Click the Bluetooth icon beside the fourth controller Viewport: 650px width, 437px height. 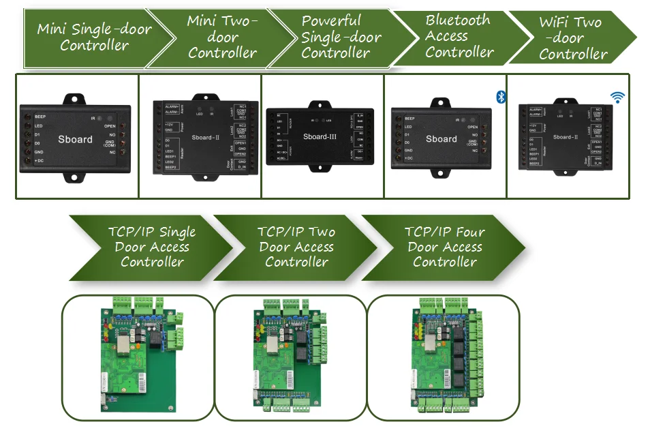[501, 97]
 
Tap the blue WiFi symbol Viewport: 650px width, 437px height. [617, 97]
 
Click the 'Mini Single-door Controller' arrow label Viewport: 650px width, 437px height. [94, 37]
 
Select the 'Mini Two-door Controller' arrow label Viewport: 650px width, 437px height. [222, 37]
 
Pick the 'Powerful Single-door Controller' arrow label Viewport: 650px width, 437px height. [341, 37]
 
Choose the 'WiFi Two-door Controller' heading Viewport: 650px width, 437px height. [572, 38]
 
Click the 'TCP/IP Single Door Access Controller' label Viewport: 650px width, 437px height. [152, 247]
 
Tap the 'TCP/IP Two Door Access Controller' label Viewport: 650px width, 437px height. [296, 247]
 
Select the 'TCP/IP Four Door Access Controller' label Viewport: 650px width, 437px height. [444, 247]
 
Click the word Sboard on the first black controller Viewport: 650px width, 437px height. [75, 139]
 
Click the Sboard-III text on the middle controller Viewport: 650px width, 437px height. [320, 136]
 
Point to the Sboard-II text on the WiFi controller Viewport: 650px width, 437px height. [566, 137]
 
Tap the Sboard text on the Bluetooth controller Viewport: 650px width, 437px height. [442, 139]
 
